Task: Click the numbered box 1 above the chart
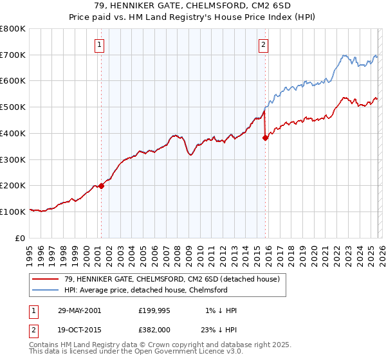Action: coord(100,44)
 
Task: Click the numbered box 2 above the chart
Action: coord(264,44)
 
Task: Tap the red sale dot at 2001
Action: coord(101,186)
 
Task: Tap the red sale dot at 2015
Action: coord(265,137)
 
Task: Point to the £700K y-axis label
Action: coord(13,55)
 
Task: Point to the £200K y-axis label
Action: coord(13,186)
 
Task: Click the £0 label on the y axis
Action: coord(21,238)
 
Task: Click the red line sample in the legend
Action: coord(46,280)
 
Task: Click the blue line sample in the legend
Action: coord(46,290)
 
